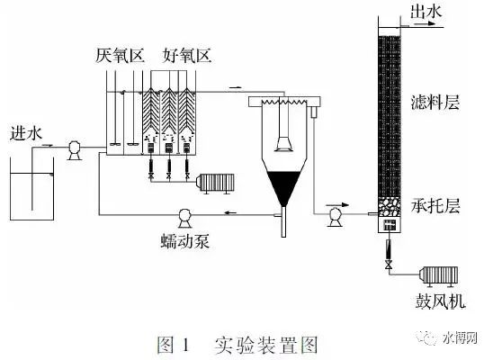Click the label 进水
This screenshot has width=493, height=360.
tap(26, 133)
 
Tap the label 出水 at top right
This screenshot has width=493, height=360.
tap(426, 12)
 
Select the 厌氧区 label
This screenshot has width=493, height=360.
tap(120, 56)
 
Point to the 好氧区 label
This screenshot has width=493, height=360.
tap(187, 56)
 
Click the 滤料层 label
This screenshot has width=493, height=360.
tap(435, 103)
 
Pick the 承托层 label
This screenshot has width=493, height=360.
tap(435, 206)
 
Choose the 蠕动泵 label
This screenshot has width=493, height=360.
tap(185, 241)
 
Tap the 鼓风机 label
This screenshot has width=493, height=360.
tap(440, 301)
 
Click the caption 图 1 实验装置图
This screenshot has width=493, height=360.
tap(238, 345)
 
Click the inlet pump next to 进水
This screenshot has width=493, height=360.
tap(75, 150)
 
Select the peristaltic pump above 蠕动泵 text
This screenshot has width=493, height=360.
tap(184, 218)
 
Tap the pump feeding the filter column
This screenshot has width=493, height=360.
tap(335, 217)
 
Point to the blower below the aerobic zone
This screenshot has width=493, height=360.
tap(215, 183)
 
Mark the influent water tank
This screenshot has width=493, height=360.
tap(31, 189)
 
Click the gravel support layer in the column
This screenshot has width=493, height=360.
tap(390, 207)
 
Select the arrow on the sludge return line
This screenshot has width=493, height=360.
tap(230, 213)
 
